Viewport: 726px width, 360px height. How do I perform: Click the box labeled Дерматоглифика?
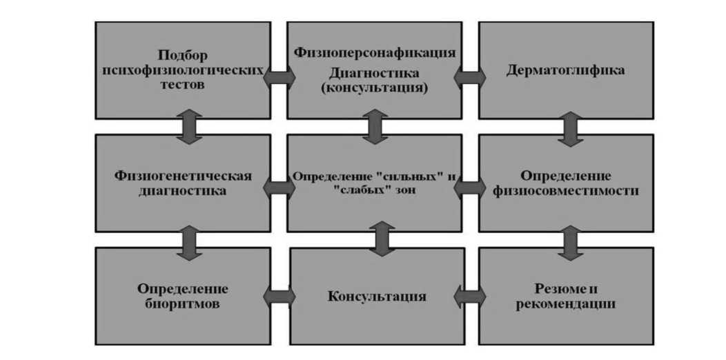tap(565, 70)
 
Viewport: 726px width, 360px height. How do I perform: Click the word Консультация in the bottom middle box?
tap(376, 297)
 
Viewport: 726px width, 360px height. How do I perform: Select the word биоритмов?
tap(183, 303)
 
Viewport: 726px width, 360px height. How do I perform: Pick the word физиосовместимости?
tap(565, 191)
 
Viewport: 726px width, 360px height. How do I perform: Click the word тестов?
tap(182, 86)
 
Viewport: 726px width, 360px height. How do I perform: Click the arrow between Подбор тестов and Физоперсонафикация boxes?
tap(279, 77)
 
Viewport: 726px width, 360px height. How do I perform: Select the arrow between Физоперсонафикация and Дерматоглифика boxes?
tap(470, 77)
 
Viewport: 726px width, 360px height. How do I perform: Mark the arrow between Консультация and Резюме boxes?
tap(470, 297)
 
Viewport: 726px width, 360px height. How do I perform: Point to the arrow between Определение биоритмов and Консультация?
tap(279, 297)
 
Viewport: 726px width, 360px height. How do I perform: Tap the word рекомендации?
tap(565, 303)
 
